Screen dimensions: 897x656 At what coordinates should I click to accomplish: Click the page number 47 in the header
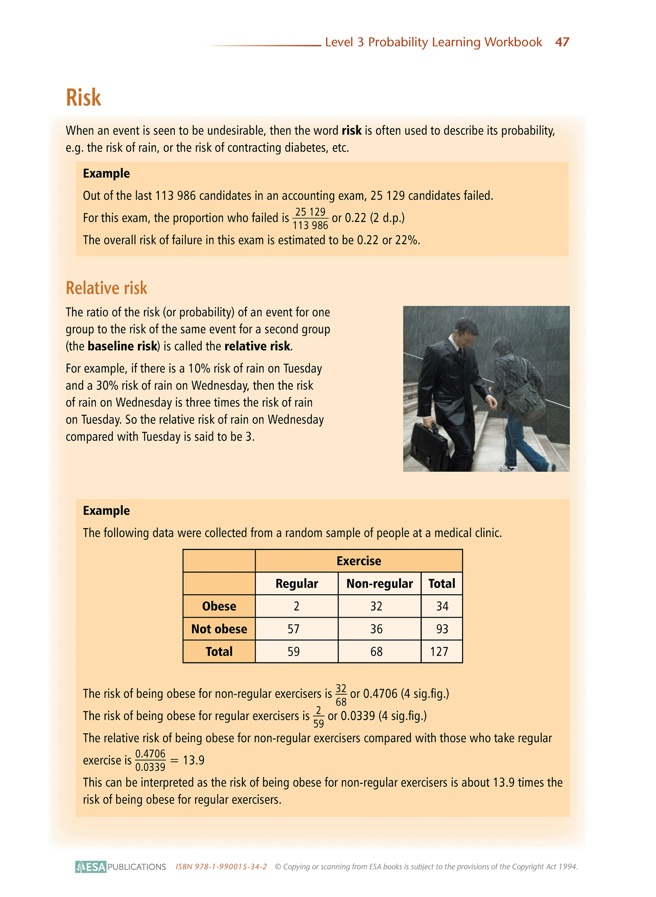click(x=562, y=42)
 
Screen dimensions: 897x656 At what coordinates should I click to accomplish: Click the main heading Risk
click(x=84, y=98)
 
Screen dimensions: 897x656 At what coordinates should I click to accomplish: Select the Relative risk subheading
click(x=107, y=288)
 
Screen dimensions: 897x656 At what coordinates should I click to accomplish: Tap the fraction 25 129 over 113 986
click(x=311, y=218)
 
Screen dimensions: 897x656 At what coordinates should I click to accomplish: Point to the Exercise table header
click(x=359, y=561)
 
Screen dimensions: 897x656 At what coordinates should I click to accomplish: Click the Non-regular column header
click(x=380, y=583)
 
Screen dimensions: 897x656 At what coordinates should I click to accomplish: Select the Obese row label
click(x=219, y=606)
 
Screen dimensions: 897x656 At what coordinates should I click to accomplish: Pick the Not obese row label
click(x=219, y=629)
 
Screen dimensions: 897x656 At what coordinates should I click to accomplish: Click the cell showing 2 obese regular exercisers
click(x=296, y=606)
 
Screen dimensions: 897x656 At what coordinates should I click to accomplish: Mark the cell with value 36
click(x=376, y=629)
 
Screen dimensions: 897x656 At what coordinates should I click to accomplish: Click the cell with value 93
click(x=442, y=629)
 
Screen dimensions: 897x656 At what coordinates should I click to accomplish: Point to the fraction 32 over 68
click(x=341, y=695)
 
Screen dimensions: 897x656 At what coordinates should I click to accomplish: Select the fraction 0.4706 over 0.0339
click(x=150, y=760)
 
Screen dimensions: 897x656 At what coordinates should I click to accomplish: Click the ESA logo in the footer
click(x=91, y=867)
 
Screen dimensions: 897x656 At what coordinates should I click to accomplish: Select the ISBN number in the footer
click(x=221, y=867)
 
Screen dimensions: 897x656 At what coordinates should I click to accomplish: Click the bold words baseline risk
click(x=122, y=347)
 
